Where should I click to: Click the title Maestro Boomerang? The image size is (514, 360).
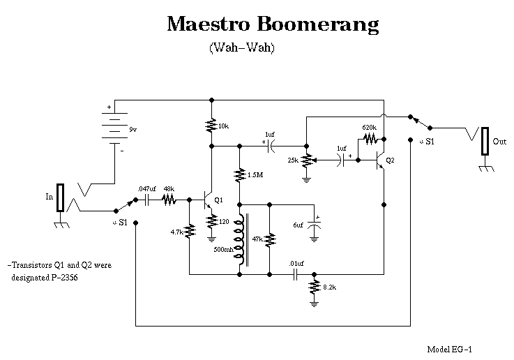tap(273, 24)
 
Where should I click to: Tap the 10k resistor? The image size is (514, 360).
tap(212, 126)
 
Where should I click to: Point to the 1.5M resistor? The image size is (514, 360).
tap(240, 174)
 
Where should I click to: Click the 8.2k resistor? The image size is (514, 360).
tap(315, 287)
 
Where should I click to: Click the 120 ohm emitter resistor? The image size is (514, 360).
tap(212, 221)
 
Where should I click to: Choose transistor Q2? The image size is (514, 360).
tap(380, 160)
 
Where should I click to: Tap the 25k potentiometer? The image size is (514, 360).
tap(305, 160)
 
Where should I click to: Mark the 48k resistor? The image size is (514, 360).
tap(169, 200)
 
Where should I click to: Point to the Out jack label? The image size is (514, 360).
tap(499, 141)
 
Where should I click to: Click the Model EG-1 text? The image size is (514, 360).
tap(454, 348)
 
